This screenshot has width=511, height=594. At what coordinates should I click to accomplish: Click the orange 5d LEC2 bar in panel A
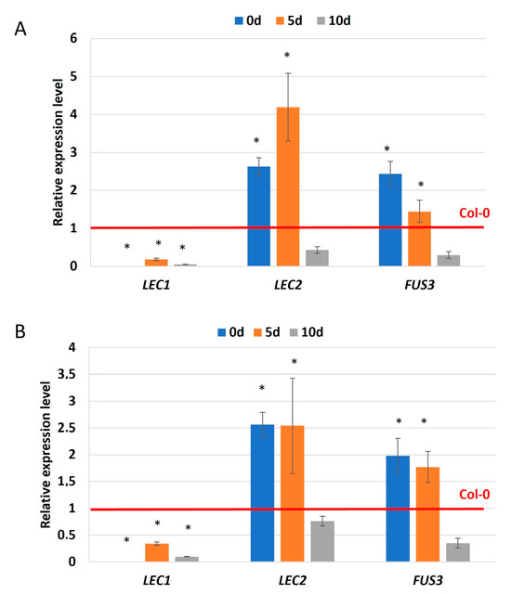[x=288, y=186]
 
